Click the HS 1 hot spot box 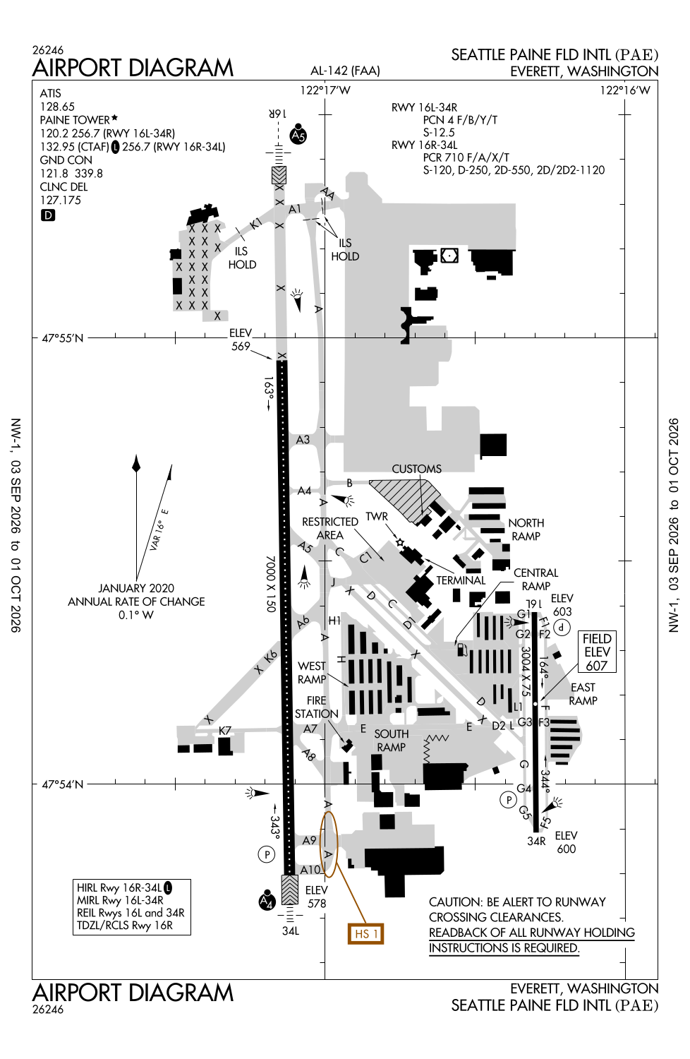(x=365, y=934)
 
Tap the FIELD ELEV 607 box (x=597, y=652)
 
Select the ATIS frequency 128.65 (x=57, y=107)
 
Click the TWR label (x=377, y=516)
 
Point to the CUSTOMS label (x=416, y=469)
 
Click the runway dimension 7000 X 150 (x=270, y=584)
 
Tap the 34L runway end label (x=291, y=931)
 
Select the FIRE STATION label (x=317, y=707)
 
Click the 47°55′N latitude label (x=62, y=338)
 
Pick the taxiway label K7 (x=225, y=731)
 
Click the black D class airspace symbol (x=48, y=215)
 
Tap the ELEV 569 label (x=241, y=340)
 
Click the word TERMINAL (x=461, y=580)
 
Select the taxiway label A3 (x=303, y=440)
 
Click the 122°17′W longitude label (x=325, y=90)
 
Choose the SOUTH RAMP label (x=392, y=741)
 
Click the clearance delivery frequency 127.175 (x=61, y=201)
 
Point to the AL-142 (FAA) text (x=345, y=71)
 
